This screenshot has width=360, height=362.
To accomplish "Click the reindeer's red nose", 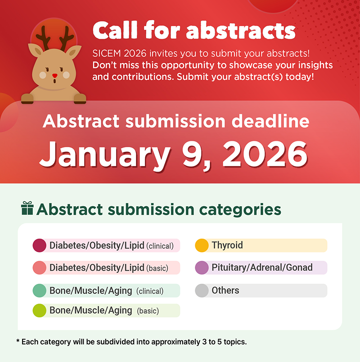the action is coord(55,76).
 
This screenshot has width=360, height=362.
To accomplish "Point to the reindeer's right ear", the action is coord(74,52).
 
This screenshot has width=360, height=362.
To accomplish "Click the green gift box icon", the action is coord(27,208).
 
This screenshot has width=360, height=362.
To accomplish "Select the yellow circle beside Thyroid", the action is coord(202,245).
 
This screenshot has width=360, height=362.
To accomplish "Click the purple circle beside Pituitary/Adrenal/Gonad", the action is coord(202,267).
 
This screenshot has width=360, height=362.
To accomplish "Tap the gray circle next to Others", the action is coord(202,290).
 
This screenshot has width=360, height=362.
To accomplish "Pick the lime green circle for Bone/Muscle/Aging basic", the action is coord(40,311).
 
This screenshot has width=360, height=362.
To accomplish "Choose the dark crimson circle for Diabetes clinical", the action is coord(40,245).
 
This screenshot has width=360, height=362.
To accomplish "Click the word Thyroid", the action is coord(227,245).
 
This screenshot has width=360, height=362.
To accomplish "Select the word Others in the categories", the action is coord(225,290).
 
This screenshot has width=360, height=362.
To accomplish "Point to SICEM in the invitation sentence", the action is coord(107,54).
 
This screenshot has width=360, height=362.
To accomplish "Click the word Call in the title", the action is coord(115,30).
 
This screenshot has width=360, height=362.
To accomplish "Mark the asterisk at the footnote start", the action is coord(18,341).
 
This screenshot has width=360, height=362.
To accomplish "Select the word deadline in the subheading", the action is coord(270,121).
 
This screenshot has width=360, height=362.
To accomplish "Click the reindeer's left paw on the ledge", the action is coord(27,99).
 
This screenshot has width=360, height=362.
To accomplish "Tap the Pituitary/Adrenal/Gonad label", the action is coord(262,267).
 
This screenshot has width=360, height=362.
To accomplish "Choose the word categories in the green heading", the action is coord(240,210).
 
